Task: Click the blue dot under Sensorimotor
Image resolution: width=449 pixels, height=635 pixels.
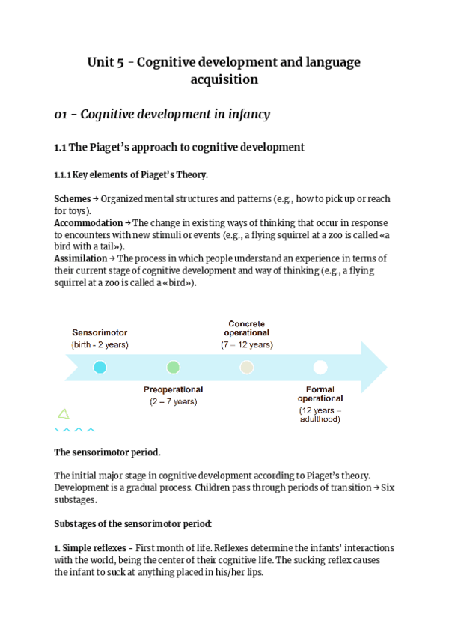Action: pyautogui.click(x=100, y=368)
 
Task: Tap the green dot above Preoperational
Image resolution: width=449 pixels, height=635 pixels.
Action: pyautogui.click(x=174, y=368)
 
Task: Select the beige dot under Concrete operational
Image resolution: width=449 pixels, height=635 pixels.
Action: pyautogui.click(x=247, y=368)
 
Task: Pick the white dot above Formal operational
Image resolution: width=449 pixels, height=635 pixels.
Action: pyautogui.click(x=320, y=368)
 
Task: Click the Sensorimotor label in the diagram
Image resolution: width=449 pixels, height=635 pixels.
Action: pyautogui.click(x=100, y=332)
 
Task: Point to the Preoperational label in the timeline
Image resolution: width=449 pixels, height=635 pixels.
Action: pyautogui.click(x=173, y=389)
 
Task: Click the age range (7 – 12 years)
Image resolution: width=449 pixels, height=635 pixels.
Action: pyautogui.click(x=247, y=345)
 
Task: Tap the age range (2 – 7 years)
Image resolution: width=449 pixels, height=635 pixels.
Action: pyautogui.click(x=173, y=401)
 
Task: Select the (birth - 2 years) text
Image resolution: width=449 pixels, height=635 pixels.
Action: pyautogui.click(x=100, y=345)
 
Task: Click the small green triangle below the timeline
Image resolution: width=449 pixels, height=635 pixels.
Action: pyautogui.click(x=64, y=413)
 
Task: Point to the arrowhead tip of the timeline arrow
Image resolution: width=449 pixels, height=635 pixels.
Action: pyautogui.click(x=386, y=368)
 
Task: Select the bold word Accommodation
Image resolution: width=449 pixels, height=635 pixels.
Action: pyautogui.click(x=88, y=223)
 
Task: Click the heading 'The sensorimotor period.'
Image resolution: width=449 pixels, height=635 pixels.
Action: pyautogui.click(x=107, y=452)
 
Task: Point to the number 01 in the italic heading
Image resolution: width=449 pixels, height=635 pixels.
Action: pyautogui.click(x=62, y=114)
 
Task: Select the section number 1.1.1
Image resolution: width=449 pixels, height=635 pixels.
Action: pyautogui.click(x=62, y=175)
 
